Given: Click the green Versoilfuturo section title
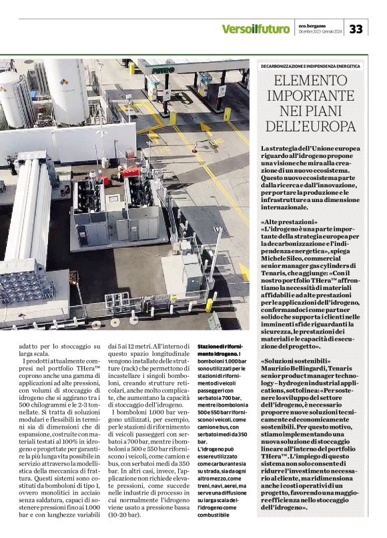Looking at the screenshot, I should coord(256,29).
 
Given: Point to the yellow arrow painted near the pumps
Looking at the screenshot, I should coord(208,129).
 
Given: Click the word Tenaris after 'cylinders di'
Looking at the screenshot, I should coord(275,283).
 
